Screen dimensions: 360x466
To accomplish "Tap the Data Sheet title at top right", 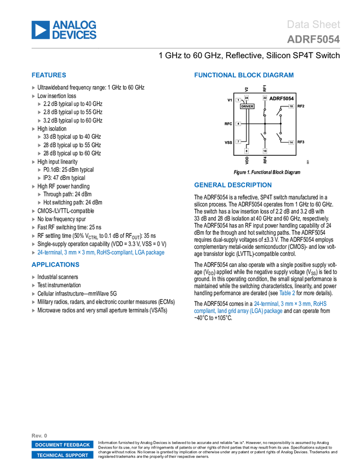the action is point(314,25).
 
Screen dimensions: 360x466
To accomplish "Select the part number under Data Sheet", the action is point(313,39).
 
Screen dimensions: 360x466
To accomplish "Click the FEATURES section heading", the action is point(49,76).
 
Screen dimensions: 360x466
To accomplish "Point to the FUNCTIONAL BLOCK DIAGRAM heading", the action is point(243,76).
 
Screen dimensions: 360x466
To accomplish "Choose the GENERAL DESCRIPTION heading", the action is point(232,185).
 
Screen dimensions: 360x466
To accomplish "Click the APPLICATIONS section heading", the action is point(55,265).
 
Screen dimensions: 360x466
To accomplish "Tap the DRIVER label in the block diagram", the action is point(247,106).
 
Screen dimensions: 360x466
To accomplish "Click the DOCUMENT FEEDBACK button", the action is point(62,445).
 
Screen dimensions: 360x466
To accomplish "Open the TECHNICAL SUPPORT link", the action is point(62,456).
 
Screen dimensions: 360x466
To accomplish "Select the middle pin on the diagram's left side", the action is point(238,124).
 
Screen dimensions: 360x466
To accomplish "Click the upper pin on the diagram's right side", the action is point(291,106).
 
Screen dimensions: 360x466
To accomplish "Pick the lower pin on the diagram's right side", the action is point(291,143).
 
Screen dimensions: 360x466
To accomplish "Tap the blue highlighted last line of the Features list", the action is point(101,253).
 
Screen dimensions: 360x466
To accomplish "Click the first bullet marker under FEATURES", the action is point(33,88).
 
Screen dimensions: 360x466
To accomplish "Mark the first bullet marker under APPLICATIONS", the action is point(33,277).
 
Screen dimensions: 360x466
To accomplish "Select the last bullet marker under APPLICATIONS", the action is point(33,310).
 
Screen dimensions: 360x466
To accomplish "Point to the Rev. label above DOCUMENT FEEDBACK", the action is point(36,435).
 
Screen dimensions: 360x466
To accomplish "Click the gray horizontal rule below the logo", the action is point(186,48).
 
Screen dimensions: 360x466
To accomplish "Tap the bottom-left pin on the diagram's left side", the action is point(238,141).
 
